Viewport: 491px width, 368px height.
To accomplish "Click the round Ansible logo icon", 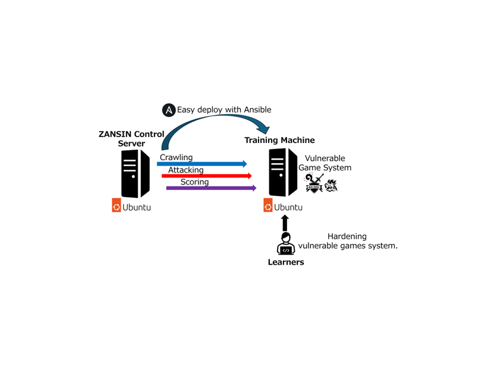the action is point(169,110).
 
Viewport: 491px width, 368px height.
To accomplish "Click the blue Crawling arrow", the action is point(202,163).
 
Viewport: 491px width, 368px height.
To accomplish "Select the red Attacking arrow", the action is point(207,176).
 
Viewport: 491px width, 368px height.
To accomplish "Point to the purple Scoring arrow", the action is point(212,188).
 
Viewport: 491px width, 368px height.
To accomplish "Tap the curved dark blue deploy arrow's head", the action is point(264,128).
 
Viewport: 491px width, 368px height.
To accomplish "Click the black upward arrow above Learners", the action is point(285,223).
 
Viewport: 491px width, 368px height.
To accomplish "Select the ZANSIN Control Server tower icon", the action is point(136,173).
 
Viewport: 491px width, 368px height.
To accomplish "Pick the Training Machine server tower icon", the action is point(283,172).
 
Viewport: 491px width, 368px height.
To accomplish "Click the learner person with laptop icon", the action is point(285,243).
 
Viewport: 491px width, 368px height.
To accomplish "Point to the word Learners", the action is point(286,262).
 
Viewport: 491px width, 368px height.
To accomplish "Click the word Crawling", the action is point(176,157).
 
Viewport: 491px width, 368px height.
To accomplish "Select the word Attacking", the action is point(185,170).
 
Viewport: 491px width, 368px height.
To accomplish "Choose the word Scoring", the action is point(194,182).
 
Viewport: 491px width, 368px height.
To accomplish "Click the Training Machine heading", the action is point(279,140).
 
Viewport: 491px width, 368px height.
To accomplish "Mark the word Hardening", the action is point(347,236).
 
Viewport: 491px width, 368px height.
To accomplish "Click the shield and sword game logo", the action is point(313,183).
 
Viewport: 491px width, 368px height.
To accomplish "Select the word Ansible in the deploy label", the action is point(257,110).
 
